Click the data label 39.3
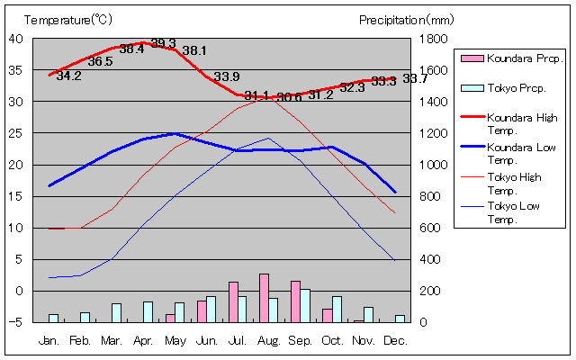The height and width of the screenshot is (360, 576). [x=163, y=43]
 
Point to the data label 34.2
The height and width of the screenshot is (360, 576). [x=68, y=76]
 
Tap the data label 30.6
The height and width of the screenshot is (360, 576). [x=289, y=97]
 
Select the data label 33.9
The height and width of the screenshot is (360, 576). [x=227, y=76]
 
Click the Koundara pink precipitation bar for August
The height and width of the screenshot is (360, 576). [x=264, y=298]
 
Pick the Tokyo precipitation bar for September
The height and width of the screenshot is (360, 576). [x=305, y=305]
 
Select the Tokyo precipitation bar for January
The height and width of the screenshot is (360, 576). [x=53, y=318]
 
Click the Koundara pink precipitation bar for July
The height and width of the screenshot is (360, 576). [x=233, y=301]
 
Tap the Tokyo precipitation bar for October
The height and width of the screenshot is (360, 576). [x=337, y=309]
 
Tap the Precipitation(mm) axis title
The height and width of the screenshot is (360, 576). [x=407, y=19]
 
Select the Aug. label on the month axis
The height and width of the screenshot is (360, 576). [x=269, y=341]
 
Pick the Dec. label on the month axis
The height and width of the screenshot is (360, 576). [x=395, y=341]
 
